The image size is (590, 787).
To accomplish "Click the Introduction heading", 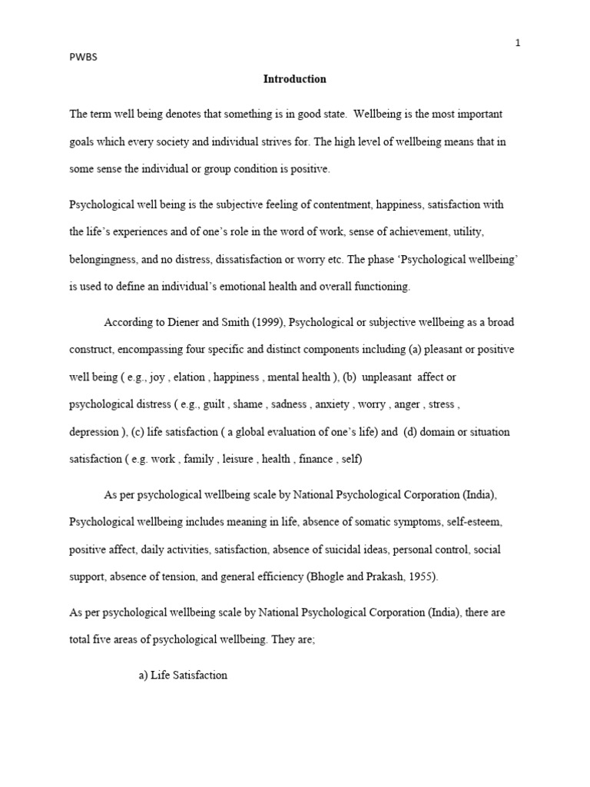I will coord(295,79).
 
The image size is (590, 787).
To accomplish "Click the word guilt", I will coord(209,404).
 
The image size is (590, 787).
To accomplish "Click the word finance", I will coord(316,459).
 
